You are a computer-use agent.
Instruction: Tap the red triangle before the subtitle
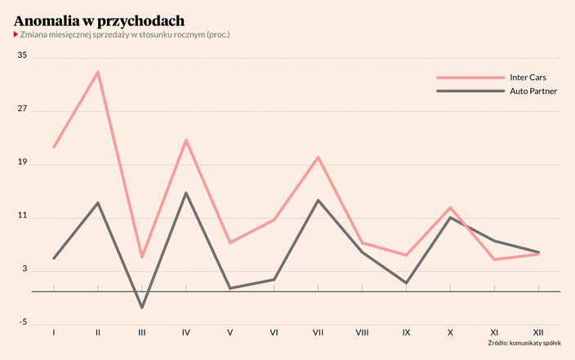[16, 35]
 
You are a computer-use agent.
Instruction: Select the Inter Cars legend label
[527, 77]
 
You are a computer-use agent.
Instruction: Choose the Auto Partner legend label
[533, 91]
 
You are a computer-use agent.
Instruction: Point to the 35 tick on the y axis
[22, 56]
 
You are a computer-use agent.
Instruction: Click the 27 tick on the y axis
[22, 109]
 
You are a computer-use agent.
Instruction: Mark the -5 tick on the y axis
[22, 322]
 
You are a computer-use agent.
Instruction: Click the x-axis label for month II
[98, 332]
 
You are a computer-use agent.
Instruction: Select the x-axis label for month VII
[318, 332]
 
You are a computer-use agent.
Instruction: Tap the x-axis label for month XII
[538, 332]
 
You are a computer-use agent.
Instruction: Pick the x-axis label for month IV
[186, 332]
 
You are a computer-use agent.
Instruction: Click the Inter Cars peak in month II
[98, 72]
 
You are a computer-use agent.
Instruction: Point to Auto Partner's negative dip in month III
[142, 308]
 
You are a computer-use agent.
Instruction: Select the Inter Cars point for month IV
[186, 140]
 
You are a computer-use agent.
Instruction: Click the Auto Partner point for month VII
[318, 200]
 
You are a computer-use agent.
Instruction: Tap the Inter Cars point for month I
[54, 147]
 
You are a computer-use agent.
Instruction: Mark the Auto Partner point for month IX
[406, 282]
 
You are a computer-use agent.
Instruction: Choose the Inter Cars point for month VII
[318, 157]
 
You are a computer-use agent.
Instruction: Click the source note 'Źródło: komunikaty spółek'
[524, 344]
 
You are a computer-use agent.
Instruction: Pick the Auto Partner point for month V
[230, 288]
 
